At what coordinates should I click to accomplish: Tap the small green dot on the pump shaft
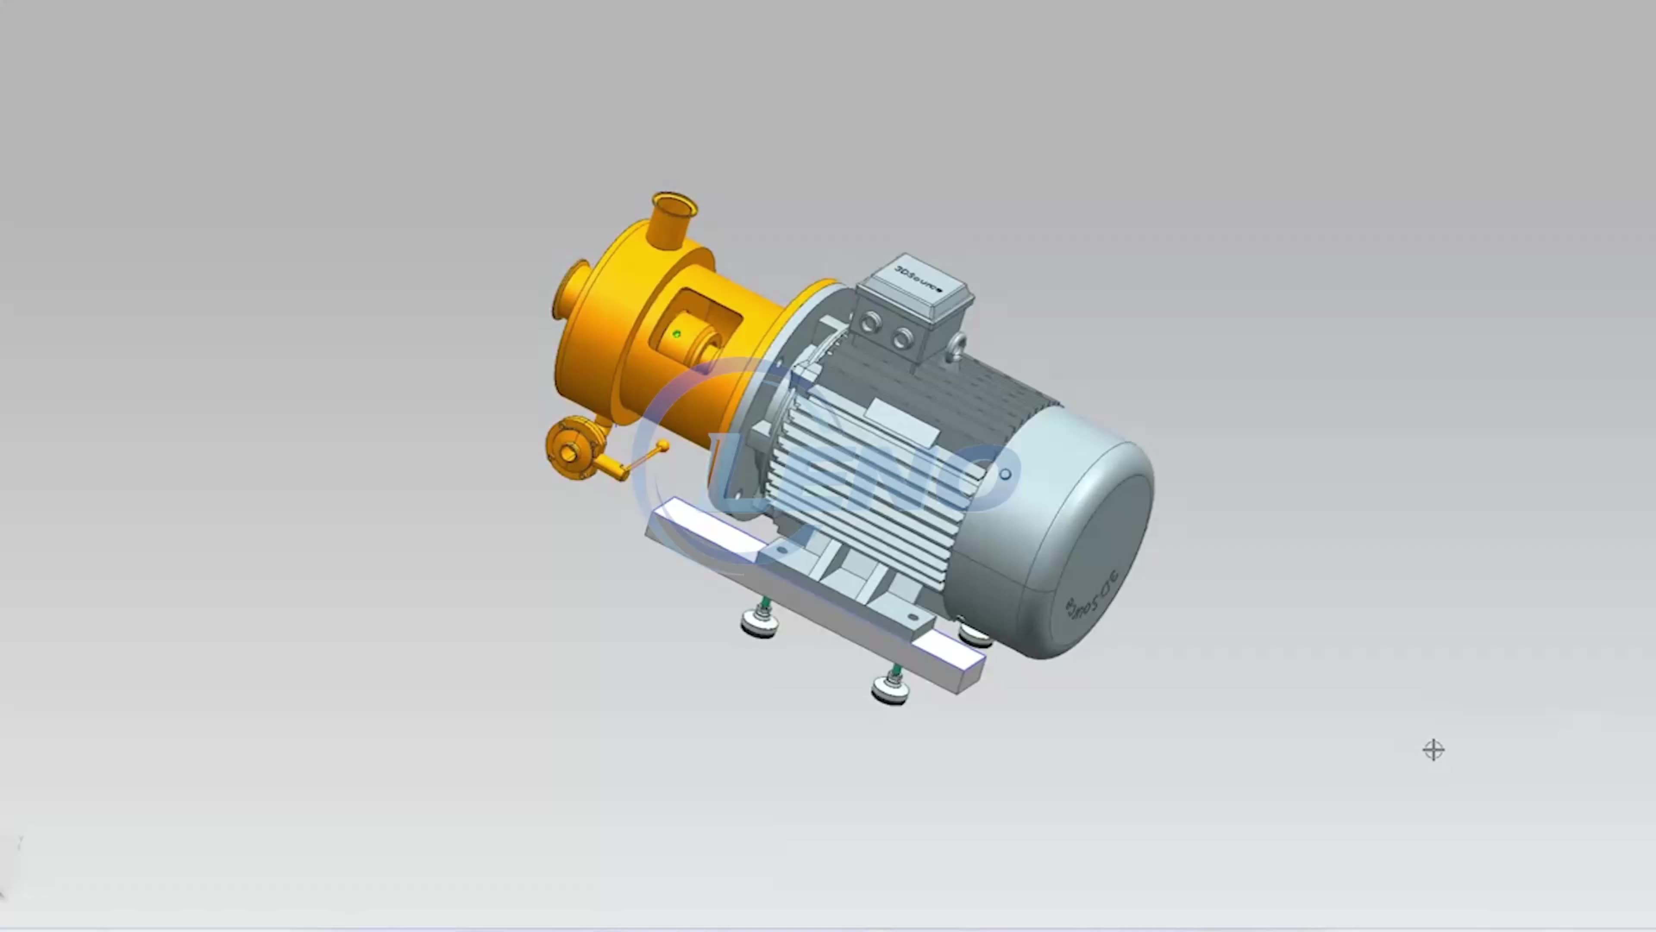(676, 334)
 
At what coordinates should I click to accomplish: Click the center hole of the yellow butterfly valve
(568, 454)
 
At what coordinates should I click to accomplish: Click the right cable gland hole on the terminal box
(903, 338)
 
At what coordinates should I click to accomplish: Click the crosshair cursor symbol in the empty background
(1433, 750)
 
